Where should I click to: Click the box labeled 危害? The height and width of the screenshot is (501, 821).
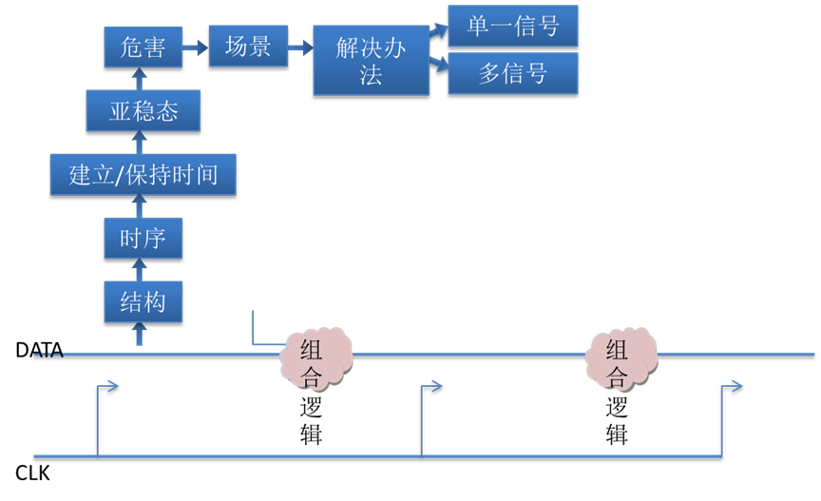[143, 47]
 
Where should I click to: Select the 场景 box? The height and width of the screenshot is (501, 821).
[248, 47]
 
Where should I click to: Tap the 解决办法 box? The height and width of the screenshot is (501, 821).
[371, 60]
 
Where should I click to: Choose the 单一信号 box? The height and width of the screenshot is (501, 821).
[513, 26]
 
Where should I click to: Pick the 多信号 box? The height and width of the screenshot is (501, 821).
[513, 73]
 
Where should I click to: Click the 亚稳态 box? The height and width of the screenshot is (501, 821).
[143, 110]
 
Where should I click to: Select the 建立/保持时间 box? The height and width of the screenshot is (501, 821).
[143, 175]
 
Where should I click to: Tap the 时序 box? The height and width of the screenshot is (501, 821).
[143, 239]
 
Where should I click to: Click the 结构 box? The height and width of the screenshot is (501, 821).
[143, 302]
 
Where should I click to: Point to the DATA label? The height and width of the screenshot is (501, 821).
[39, 350]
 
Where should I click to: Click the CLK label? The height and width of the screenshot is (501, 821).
[32, 473]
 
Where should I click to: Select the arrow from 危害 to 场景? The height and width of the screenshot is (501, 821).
[196, 48]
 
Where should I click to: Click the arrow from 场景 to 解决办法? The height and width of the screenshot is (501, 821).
[300, 48]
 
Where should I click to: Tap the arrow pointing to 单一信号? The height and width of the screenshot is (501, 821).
[439, 30]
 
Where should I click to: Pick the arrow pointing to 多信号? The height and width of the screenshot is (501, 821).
[439, 64]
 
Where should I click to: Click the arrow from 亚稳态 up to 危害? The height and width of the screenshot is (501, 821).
[140, 79]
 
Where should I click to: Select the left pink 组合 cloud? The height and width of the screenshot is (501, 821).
[315, 359]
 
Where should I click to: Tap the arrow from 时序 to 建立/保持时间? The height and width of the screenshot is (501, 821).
[140, 206]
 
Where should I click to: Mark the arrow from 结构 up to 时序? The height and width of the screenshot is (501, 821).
[140, 270]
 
